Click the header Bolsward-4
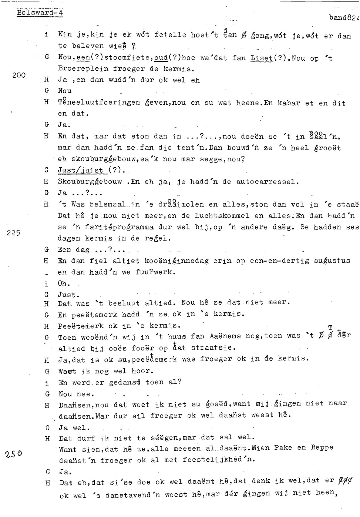click(40, 13)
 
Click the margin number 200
click(19, 75)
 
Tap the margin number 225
click(13, 233)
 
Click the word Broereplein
click(83, 69)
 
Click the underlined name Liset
click(261, 58)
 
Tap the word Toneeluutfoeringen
click(99, 103)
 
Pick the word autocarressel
click(267, 182)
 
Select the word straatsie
click(213, 348)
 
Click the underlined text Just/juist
click(81, 171)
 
